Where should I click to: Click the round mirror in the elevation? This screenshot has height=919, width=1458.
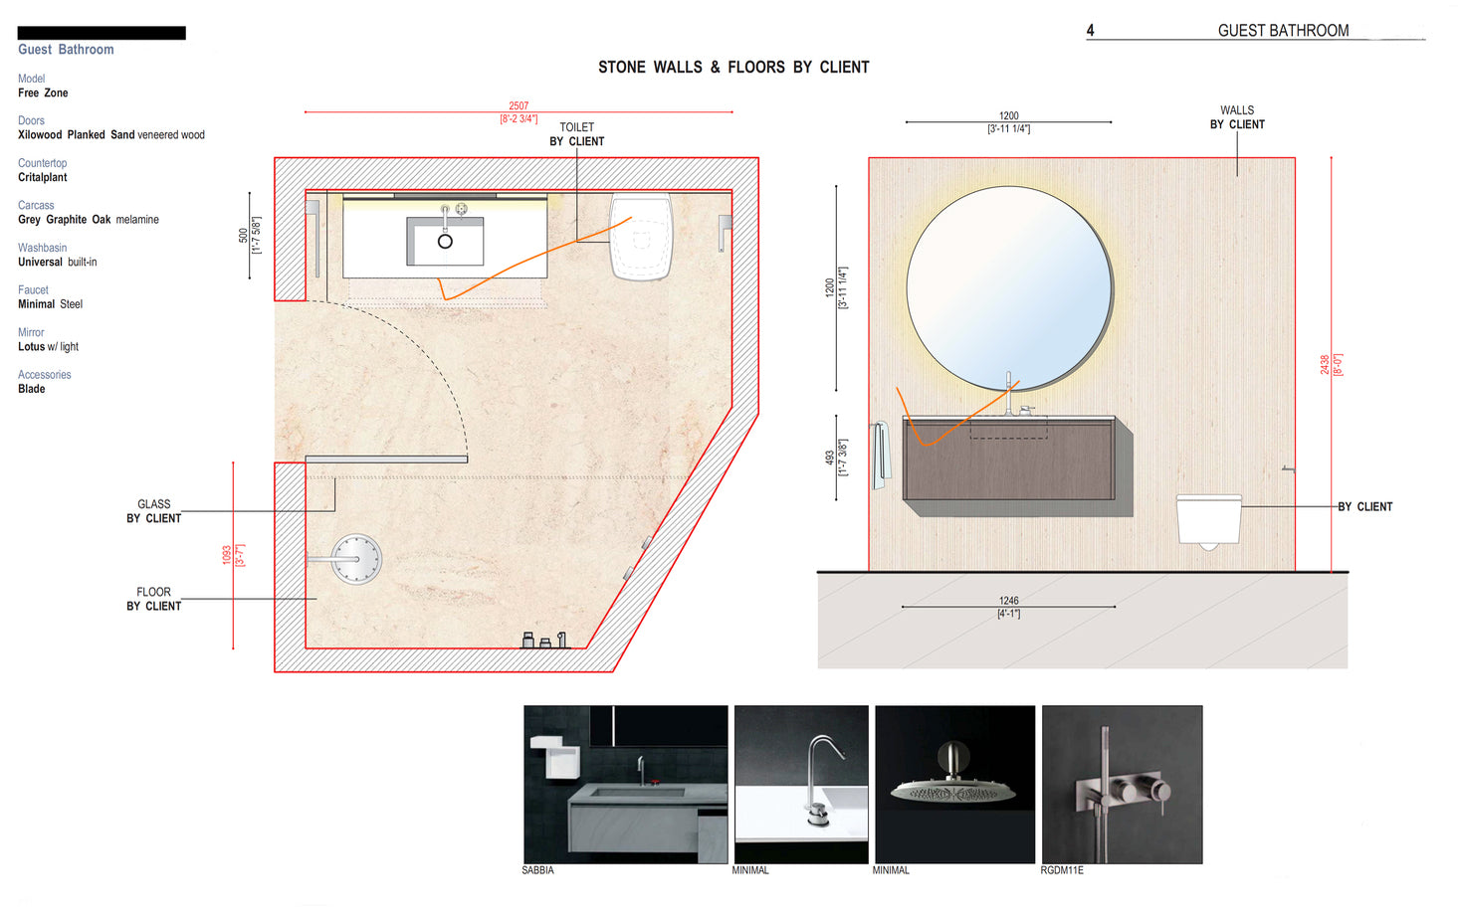coord(1008,288)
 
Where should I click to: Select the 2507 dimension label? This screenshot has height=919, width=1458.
coord(519,105)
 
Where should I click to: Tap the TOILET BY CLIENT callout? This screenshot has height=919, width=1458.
coord(576,134)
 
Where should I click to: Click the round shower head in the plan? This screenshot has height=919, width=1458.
coord(355,559)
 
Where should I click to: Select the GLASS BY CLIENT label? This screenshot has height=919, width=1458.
coord(153,511)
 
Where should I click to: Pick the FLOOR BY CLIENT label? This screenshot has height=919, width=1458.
coord(153,599)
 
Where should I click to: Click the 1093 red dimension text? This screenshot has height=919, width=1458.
coord(227,555)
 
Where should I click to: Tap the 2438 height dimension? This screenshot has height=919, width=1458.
coord(1325,364)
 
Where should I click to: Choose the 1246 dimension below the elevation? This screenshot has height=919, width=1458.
coord(1008,601)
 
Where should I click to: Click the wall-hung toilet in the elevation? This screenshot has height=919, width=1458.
coord(1208,520)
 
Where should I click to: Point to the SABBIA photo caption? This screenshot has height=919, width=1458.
coord(537,870)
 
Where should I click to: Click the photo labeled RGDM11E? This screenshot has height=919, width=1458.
coord(1122,784)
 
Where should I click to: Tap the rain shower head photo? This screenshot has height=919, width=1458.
coord(953,784)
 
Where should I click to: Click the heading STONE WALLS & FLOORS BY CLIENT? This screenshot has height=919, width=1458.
coord(733,68)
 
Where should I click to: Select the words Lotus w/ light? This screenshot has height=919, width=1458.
coord(48,347)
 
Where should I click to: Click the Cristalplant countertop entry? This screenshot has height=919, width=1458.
coord(43,177)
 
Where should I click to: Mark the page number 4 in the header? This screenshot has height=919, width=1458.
coord(1090,31)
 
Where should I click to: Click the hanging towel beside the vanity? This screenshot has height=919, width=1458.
coord(880,455)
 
